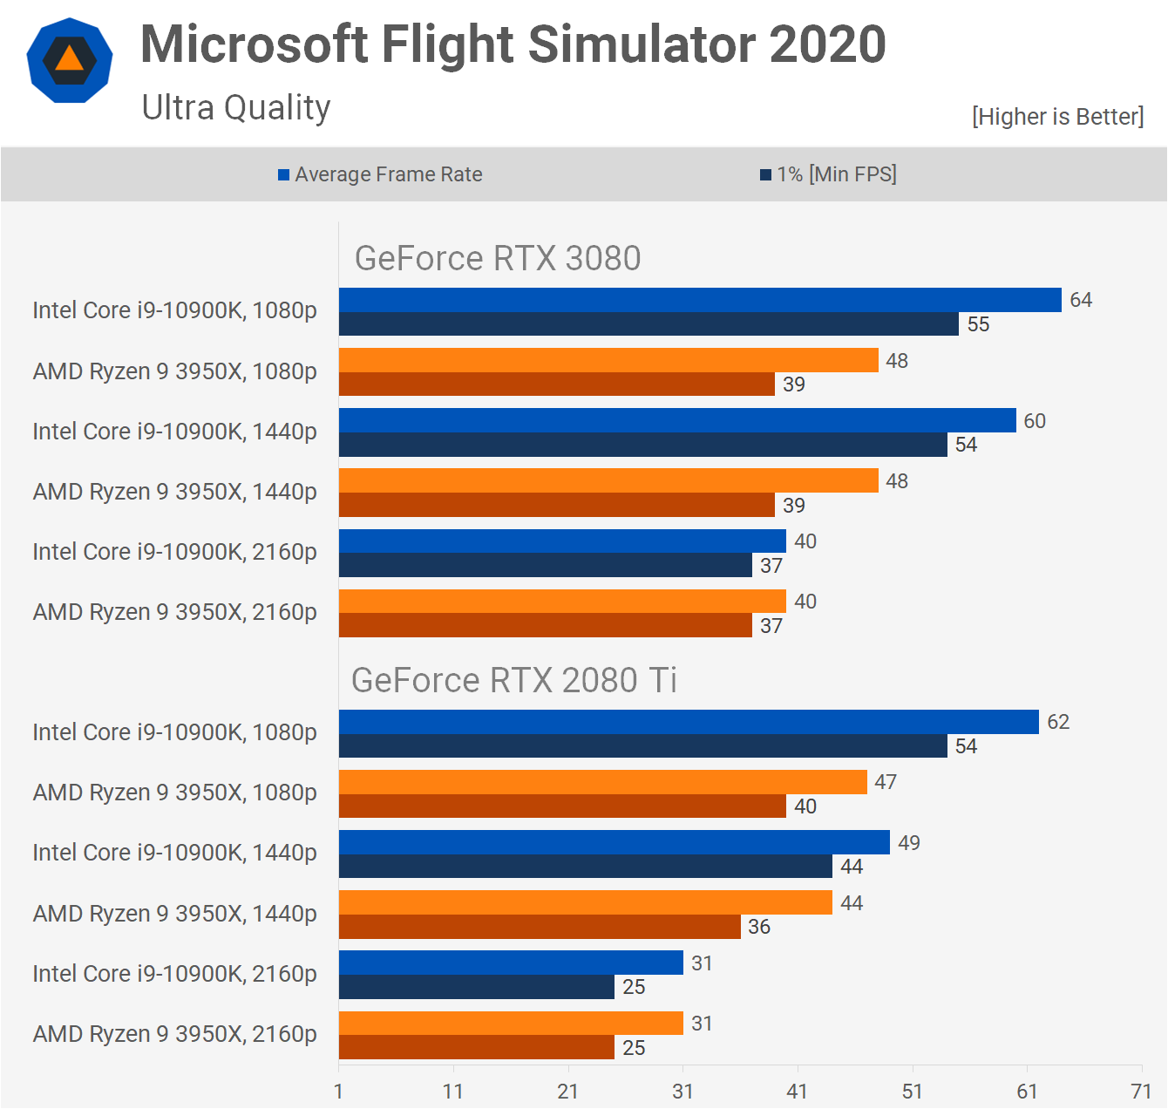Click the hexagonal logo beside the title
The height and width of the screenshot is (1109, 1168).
[x=70, y=60]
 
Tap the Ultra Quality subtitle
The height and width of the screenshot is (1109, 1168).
[x=236, y=108]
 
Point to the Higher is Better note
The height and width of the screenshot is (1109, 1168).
[x=1057, y=117]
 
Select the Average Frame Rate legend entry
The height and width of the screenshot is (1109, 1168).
[x=380, y=174]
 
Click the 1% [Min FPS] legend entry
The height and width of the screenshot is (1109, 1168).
[x=828, y=174]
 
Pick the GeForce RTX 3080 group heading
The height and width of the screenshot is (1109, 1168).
[x=498, y=259]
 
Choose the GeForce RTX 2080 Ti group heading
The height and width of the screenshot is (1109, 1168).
[x=514, y=680]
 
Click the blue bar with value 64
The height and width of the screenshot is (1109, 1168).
[x=700, y=300]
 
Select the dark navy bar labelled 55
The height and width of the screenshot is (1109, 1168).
[x=649, y=324]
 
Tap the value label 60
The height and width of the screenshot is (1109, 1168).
[x=1035, y=421]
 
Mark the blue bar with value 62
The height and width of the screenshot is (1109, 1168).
[x=689, y=722]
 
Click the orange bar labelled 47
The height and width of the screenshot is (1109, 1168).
[x=602, y=782]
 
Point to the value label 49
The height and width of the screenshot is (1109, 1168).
[x=909, y=843]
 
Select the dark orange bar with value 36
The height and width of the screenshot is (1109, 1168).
[x=540, y=927]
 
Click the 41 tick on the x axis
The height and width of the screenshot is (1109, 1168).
[x=797, y=1092]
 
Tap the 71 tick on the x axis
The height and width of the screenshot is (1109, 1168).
[x=1141, y=1092]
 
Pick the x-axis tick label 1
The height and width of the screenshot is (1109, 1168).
[x=338, y=1092]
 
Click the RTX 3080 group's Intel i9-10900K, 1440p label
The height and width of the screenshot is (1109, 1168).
[x=174, y=432]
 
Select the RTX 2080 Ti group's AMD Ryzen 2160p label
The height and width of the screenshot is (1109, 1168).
[x=174, y=1034]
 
